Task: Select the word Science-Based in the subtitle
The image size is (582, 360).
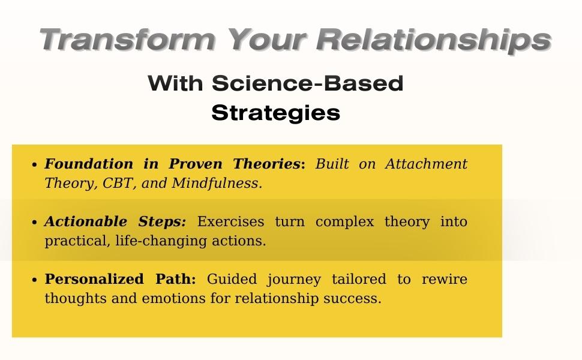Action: click(x=307, y=83)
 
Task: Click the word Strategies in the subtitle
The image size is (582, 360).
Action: click(x=275, y=113)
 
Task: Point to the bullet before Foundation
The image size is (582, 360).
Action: click(x=35, y=165)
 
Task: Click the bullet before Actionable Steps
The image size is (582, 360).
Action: click(x=35, y=223)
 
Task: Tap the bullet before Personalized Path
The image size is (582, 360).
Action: click(x=35, y=280)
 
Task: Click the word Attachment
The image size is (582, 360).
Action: click(x=426, y=164)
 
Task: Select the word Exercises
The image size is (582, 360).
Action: click(x=230, y=221)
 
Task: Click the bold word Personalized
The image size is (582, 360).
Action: click(x=88, y=279)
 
